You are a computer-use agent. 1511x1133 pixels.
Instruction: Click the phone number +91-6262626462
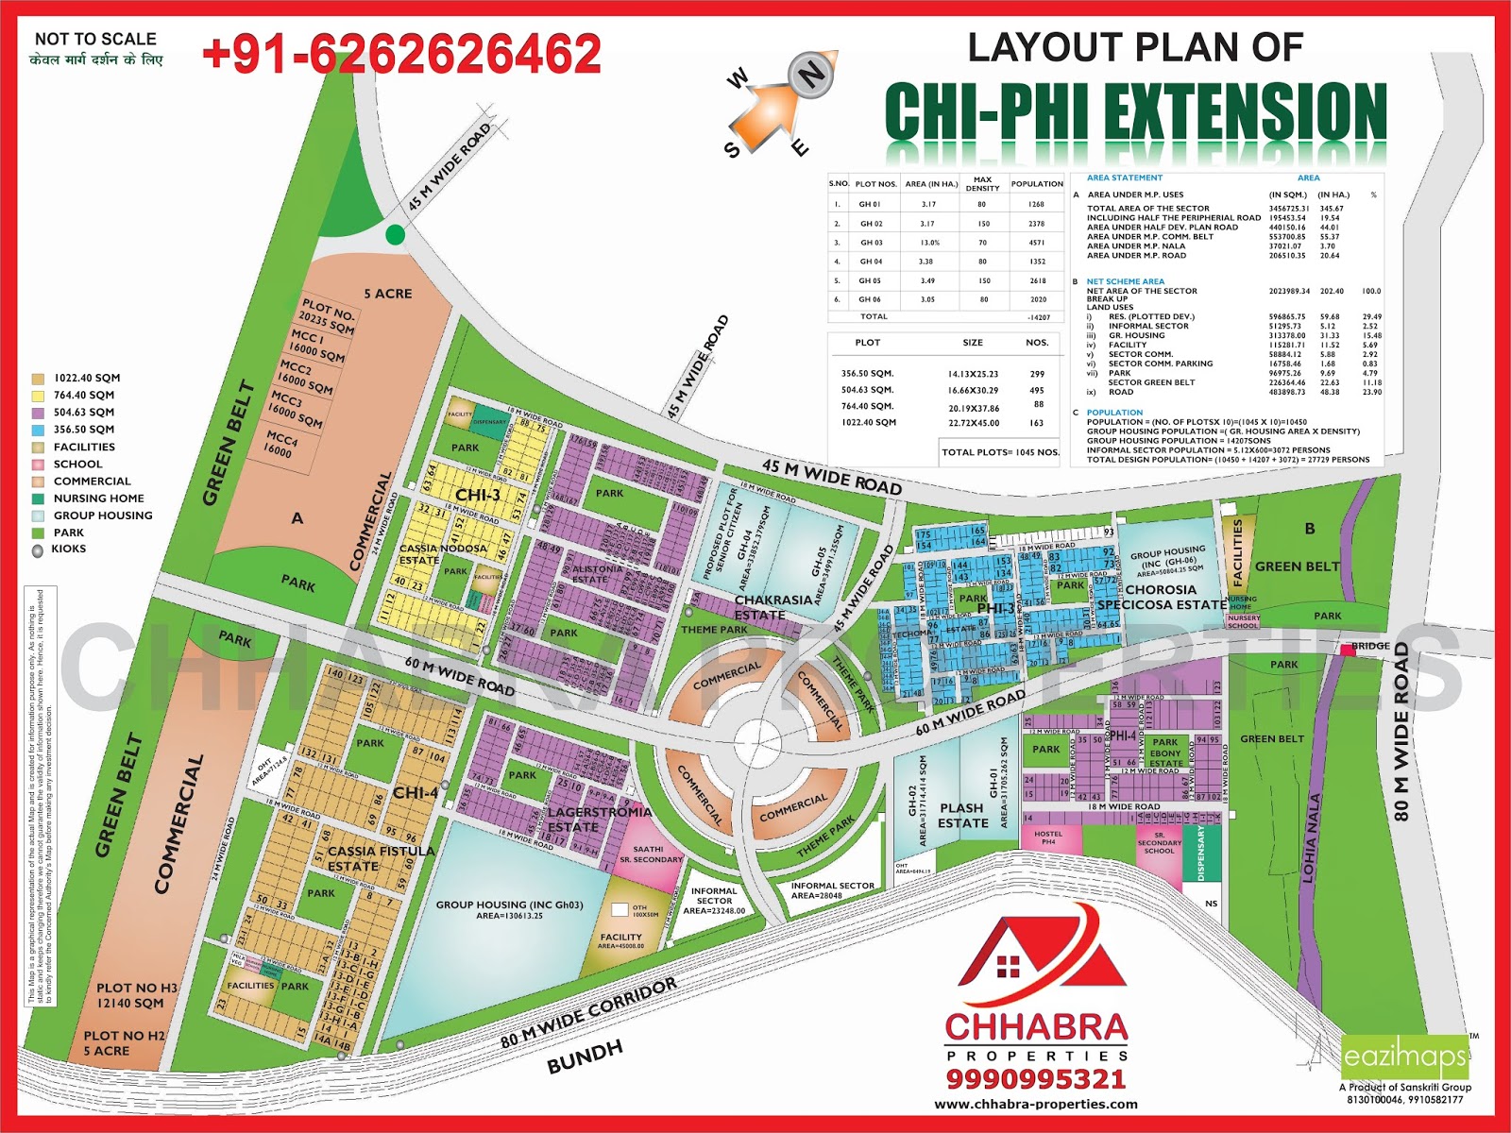click(x=401, y=54)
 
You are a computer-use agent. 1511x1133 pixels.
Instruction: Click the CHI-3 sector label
click(x=478, y=495)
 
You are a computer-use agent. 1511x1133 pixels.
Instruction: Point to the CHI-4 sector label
click(x=416, y=792)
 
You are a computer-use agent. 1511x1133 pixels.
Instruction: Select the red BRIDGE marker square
click(x=1348, y=650)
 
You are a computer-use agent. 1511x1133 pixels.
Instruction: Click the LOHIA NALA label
click(x=1311, y=838)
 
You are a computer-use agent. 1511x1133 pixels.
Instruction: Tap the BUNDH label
click(x=585, y=1057)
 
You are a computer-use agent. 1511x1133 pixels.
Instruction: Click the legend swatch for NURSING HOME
click(x=38, y=499)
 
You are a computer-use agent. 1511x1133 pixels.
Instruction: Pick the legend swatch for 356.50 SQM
click(x=38, y=430)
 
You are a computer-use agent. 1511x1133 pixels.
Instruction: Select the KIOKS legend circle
click(x=38, y=550)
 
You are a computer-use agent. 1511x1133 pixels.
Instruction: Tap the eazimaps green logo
click(x=1405, y=1057)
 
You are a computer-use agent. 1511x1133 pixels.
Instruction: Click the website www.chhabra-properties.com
click(x=1036, y=1104)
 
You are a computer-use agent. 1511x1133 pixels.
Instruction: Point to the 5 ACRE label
click(x=388, y=294)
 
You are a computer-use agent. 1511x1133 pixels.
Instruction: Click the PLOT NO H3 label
click(x=137, y=988)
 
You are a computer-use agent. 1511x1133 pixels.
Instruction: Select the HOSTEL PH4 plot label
click(x=1048, y=837)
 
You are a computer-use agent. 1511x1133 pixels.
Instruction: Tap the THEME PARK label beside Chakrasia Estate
click(x=714, y=630)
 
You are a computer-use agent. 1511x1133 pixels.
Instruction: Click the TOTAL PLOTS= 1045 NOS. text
click(x=1000, y=452)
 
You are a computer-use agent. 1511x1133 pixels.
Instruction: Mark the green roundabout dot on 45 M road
click(x=395, y=235)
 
